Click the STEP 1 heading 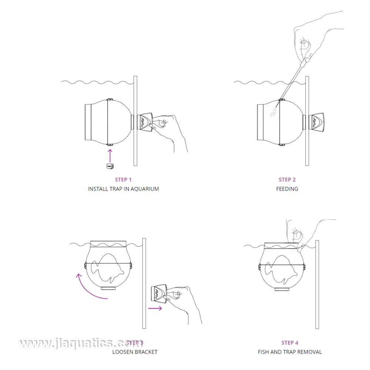123,179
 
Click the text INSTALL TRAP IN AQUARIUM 124,189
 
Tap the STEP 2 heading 287,179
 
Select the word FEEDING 287,189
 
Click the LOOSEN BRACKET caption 135,352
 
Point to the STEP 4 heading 290,343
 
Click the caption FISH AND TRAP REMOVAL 290,352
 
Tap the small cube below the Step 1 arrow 110,166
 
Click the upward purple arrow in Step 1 110,156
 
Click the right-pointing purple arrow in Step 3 155,308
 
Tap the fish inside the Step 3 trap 107,268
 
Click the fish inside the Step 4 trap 281,269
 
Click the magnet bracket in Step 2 316,122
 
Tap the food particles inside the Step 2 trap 273,112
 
